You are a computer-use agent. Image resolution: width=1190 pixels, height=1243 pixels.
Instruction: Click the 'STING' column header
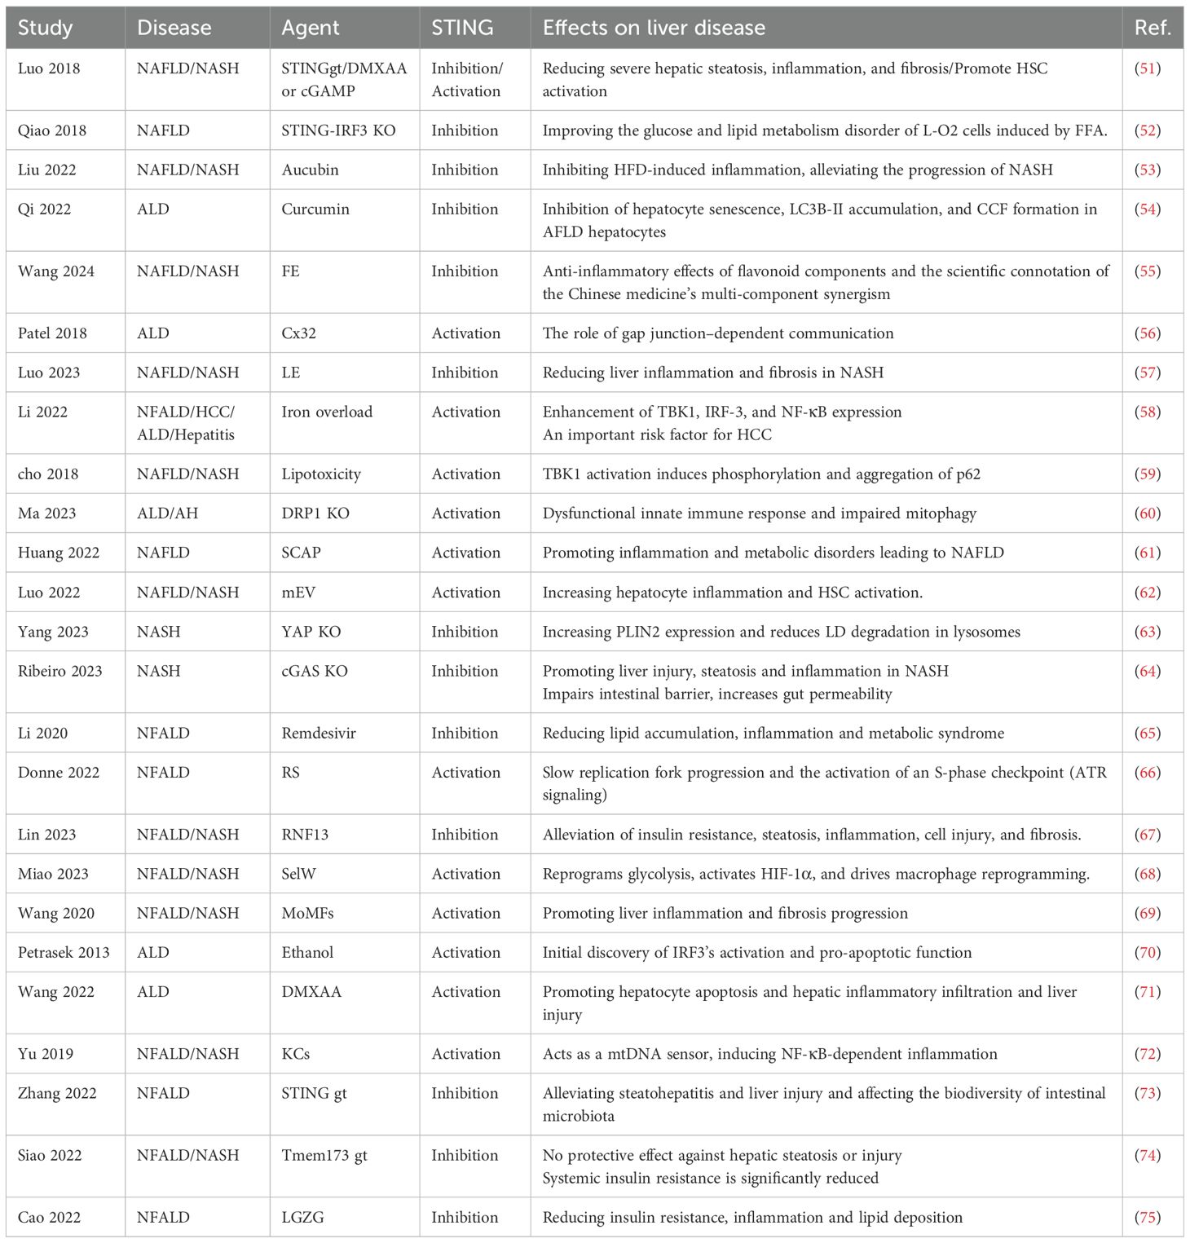click(x=462, y=28)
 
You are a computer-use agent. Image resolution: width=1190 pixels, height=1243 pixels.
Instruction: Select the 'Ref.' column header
click(x=1152, y=28)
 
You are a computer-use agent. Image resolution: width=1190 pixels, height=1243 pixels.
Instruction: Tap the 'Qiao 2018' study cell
click(x=52, y=130)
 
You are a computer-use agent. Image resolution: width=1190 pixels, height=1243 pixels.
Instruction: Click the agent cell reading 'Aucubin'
click(x=310, y=170)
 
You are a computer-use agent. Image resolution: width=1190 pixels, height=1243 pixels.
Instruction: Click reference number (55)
click(x=1148, y=271)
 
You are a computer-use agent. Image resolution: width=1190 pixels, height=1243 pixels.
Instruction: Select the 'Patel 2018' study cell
click(x=54, y=333)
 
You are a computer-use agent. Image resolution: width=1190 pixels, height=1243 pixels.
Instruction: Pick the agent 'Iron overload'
click(x=327, y=412)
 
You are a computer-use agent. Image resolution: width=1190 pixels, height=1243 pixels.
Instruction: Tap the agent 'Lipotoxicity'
click(x=321, y=474)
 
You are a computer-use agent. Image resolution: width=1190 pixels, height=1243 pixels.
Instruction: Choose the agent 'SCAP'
click(x=301, y=553)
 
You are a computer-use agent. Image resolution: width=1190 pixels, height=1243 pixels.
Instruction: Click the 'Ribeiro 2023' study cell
click(x=60, y=671)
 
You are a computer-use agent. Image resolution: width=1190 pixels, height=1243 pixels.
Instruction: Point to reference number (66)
click(x=1148, y=772)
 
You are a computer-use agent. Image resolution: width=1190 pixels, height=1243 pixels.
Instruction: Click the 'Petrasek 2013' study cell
click(x=64, y=952)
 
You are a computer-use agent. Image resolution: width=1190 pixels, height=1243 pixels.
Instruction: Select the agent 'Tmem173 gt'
click(x=324, y=1155)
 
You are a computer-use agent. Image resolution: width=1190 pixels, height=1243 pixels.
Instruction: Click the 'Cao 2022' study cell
click(x=49, y=1217)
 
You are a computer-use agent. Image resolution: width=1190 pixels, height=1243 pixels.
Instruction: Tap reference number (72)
click(x=1148, y=1053)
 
